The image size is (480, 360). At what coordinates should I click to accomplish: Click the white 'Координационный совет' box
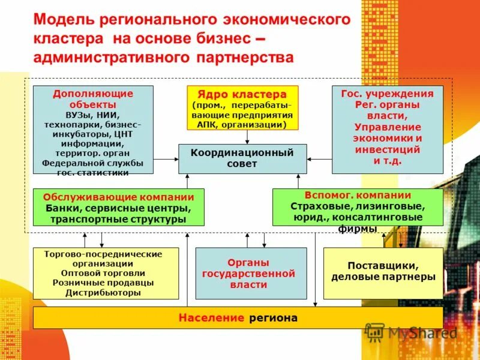coord(242,158)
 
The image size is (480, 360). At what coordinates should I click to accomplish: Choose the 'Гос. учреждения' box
coord(387,128)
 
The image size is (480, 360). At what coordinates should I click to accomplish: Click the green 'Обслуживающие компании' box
coord(118,207)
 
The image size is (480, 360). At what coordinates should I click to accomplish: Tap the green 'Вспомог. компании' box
coord(358,207)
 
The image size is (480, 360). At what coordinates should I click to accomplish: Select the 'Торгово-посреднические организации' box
coord(106,273)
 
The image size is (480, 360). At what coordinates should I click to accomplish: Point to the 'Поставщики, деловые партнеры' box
coord(383,273)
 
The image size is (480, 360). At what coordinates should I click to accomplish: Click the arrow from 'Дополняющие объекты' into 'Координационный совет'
coord(166,159)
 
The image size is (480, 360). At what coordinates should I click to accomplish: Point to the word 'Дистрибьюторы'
coord(106,293)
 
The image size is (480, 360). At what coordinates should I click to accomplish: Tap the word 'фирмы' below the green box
coord(358,229)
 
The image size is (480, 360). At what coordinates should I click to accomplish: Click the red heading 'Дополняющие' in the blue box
coord(93,94)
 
